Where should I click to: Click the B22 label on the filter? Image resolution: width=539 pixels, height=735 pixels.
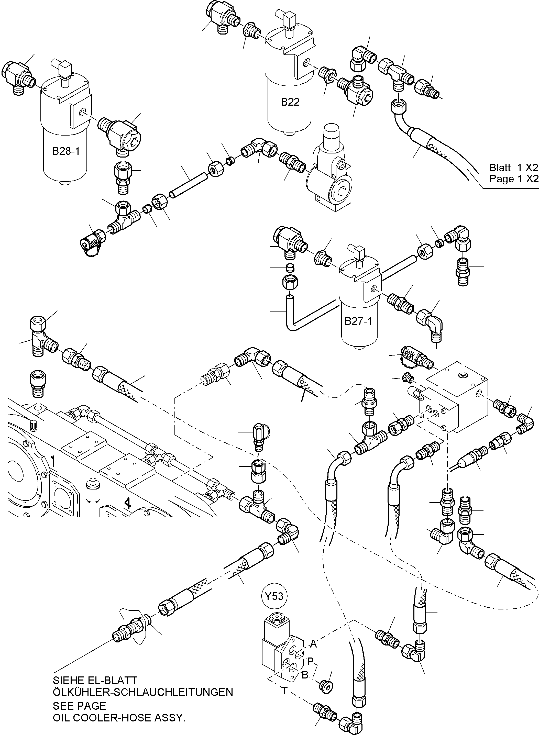[290, 102]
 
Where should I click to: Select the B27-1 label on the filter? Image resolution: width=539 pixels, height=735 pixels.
[358, 321]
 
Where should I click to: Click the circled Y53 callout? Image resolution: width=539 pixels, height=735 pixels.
[274, 596]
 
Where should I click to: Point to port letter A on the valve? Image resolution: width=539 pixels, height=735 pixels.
[313, 644]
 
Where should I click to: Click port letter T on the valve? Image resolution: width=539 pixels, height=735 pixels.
[284, 691]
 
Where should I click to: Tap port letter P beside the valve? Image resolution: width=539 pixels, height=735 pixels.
[310, 661]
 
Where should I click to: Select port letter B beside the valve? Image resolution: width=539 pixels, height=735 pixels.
[305, 675]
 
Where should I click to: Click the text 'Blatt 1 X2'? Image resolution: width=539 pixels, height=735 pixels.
[513, 168]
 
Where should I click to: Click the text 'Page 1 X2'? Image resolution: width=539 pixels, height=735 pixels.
[513, 179]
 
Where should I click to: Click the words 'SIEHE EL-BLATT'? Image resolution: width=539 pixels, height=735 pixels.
[95, 680]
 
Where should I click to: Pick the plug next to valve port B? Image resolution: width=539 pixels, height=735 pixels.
[326, 687]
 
